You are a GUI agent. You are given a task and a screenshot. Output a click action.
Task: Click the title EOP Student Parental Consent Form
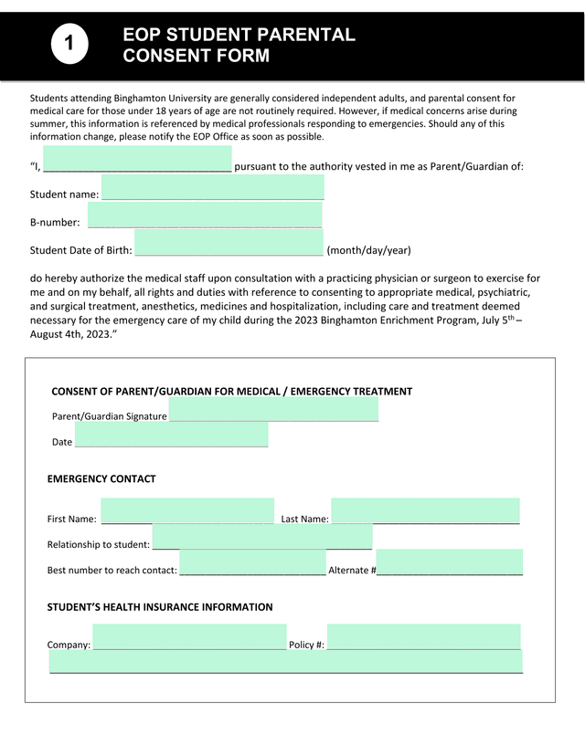pos(239,46)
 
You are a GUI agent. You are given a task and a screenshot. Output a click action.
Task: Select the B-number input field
pos(205,215)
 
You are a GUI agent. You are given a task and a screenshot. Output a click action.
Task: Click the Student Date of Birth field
pos(229,244)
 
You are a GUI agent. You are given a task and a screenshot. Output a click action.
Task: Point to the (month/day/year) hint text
pos(369,250)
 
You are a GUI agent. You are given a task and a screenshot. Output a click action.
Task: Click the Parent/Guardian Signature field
pos(273,409)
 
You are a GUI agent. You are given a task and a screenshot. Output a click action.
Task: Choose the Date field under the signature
pos(171,435)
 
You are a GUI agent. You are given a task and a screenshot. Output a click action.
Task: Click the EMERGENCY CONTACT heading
pos(101,478)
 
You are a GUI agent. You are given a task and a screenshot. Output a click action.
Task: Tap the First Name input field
pos(186,511)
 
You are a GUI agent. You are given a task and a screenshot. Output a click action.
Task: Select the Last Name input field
pos(425,511)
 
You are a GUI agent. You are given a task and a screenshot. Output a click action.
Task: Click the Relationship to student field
pos(261,538)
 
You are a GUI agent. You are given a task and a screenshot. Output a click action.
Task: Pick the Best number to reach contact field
pos(252,563)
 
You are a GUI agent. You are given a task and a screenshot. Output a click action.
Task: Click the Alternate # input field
pos(449,562)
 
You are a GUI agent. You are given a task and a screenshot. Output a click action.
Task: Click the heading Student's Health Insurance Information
pos(160,606)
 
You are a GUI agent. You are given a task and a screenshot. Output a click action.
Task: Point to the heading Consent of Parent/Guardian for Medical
pos(231,391)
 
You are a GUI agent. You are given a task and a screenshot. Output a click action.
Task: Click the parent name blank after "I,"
pos(137,160)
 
